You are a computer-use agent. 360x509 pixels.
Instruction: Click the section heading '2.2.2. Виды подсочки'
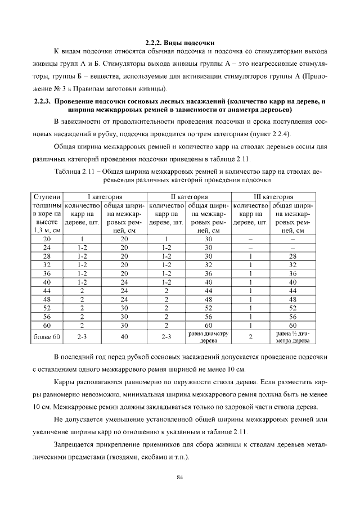[180, 43]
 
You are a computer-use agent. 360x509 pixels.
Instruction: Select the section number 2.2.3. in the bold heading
[43, 101]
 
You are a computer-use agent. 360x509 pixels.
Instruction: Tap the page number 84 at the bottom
[180, 478]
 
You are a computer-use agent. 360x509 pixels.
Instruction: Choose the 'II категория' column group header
[189, 197]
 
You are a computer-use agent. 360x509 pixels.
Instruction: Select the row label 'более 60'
[47, 337]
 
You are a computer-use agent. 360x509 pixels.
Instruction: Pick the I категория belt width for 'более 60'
[124, 337]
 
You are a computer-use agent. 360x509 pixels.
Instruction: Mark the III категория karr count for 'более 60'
[251, 337]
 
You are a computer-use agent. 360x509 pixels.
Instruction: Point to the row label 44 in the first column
[47, 290]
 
